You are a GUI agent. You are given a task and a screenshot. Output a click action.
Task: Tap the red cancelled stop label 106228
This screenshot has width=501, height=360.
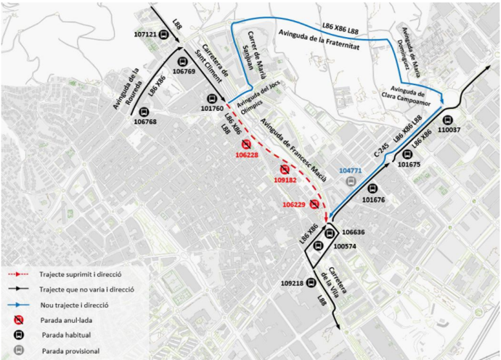[246, 155]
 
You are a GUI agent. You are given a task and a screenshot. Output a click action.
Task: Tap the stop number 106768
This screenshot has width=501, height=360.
[145, 122]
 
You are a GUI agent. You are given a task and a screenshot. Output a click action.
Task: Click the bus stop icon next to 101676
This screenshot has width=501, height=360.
[372, 188]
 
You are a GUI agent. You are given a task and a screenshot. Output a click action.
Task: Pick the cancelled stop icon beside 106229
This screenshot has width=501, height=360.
[314, 204]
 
